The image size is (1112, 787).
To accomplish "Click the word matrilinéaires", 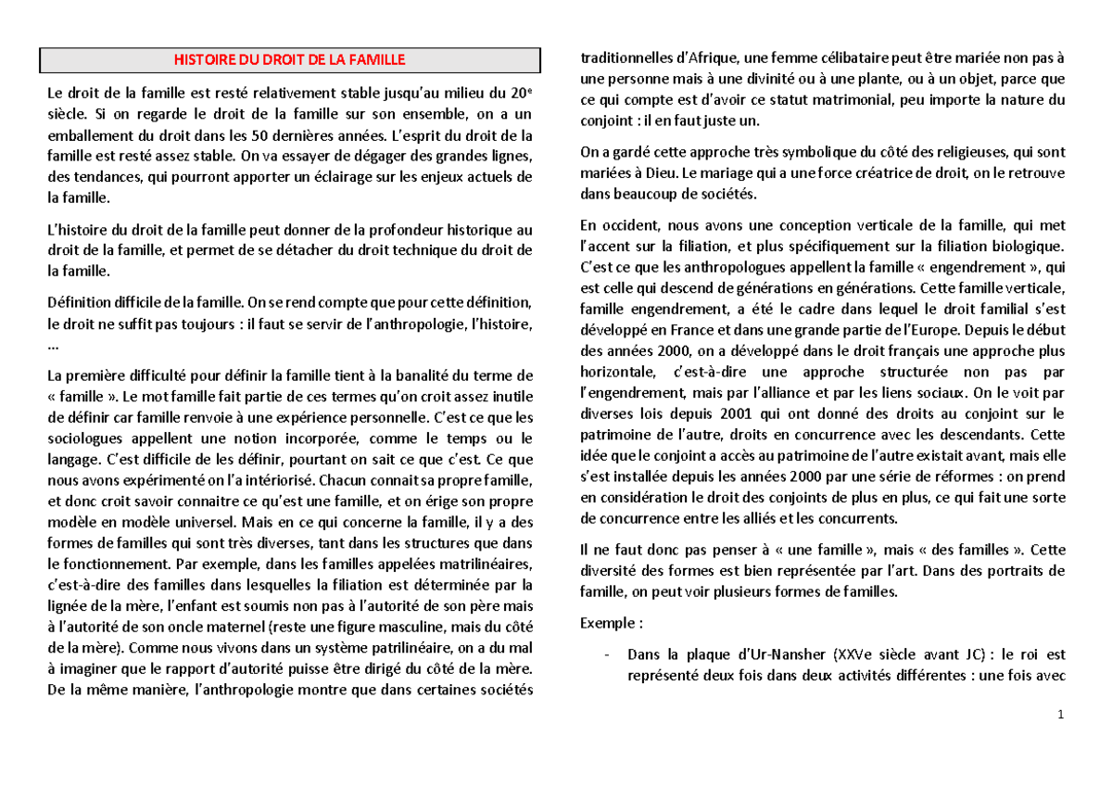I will (x=477, y=564).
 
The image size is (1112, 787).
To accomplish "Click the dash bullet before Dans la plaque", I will (x=605, y=654).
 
